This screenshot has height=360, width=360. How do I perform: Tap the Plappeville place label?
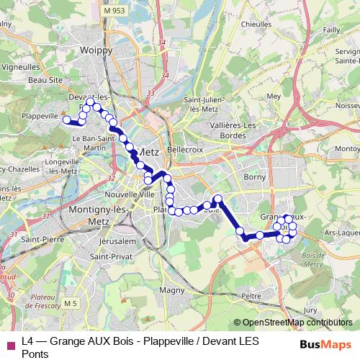tap(40, 115)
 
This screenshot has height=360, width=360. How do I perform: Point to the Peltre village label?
tap(252, 295)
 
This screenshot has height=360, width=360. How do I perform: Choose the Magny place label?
tap(172, 290)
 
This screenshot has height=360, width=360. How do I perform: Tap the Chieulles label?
tap(256, 24)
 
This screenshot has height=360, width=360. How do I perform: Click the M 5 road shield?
tap(70, 304)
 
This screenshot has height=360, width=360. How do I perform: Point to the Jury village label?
tap(310, 310)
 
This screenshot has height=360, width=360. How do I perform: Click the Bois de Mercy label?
tap(313, 260)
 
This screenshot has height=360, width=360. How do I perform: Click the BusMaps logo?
tap(324, 344)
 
